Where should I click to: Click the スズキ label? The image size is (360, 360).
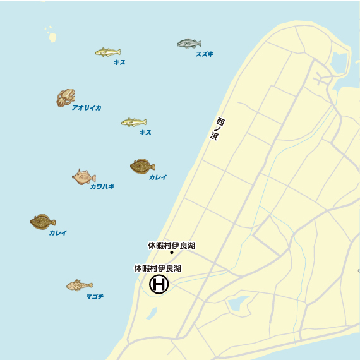click(x=204, y=54)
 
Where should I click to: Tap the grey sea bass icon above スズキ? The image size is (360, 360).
click(x=189, y=44)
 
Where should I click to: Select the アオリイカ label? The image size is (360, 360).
click(x=87, y=108)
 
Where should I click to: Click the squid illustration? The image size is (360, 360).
click(x=66, y=98)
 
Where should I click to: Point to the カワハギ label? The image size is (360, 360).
click(x=102, y=187)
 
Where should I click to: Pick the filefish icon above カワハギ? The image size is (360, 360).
click(x=83, y=177)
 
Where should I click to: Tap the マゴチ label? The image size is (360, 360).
click(x=95, y=296)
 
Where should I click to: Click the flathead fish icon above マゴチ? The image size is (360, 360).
click(x=79, y=285)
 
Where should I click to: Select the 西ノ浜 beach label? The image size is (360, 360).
click(x=216, y=129)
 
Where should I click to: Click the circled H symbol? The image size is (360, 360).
click(x=159, y=285)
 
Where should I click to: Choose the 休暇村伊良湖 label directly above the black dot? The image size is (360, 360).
click(x=172, y=245)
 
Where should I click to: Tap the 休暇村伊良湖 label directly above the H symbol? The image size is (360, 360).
click(x=158, y=268)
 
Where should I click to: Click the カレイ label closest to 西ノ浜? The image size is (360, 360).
click(x=158, y=177)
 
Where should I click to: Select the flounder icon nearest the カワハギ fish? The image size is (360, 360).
click(x=143, y=166)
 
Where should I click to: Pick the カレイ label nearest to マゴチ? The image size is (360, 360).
click(x=57, y=233)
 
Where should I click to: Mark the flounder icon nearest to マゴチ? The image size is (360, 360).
click(x=42, y=222)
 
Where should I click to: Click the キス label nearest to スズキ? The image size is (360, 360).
click(x=119, y=63)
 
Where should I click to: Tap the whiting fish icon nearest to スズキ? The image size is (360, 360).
click(x=107, y=52)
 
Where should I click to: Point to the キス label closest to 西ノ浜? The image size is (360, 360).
click(x=145, y=133)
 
